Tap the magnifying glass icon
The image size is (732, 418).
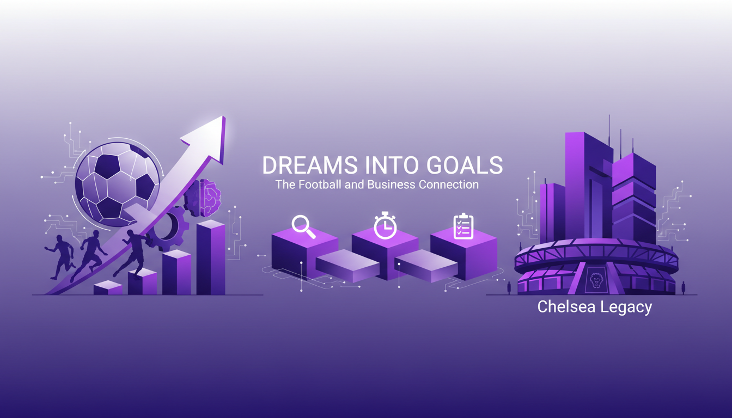(x=303, y=227)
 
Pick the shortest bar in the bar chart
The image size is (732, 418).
(x=108, y=288)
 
